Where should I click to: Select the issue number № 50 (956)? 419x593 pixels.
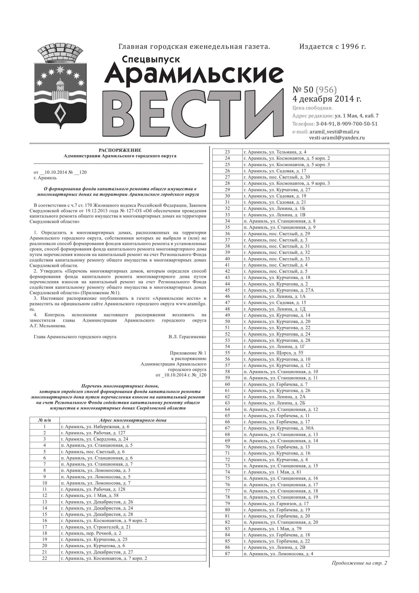pyautogui.click(x=314, y=90)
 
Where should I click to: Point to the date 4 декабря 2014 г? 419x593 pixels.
pyautogui.click(x=327, y=99)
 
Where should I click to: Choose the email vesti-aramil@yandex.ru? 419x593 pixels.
pyautogui.click(x=337, y=138)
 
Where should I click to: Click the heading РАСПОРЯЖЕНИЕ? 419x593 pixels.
pyautogui.click(x=120, y=150)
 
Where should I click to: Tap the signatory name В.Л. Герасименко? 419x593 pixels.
pyautogui.click(x=187, y=337)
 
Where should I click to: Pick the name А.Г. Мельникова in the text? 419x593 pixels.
pyautogui.click(x=48, y=326)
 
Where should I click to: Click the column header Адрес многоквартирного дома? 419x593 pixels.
pyautogui.click(x=133, y=420)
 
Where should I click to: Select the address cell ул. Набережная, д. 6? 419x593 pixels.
pyautogui.click(x=95, y=427)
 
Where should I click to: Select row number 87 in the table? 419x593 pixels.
pyautogui.click(x=227, y=554)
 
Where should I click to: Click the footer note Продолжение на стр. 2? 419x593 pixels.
pyautogui.click(x=359, y=563)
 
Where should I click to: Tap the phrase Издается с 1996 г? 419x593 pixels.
pyautogui.click(x=333, y=47)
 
